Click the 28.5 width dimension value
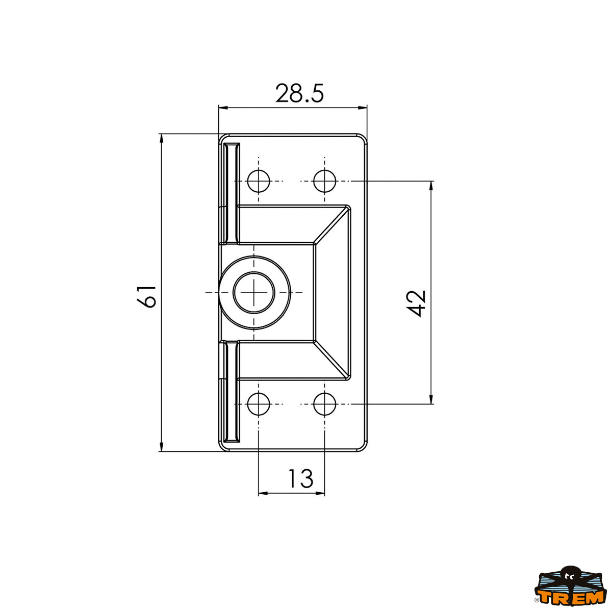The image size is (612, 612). click(299, 94)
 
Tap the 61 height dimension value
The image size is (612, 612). click(146, 296)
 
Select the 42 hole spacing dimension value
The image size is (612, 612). click(416, 303)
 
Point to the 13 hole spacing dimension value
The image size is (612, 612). click(300, 478)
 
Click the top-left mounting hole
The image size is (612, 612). click(259, 181)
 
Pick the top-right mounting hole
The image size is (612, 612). click(324, 181)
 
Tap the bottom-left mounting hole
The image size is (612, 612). click(259, 404)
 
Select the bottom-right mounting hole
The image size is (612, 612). click(324, 404)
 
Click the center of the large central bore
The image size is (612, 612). click(254, 293)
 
